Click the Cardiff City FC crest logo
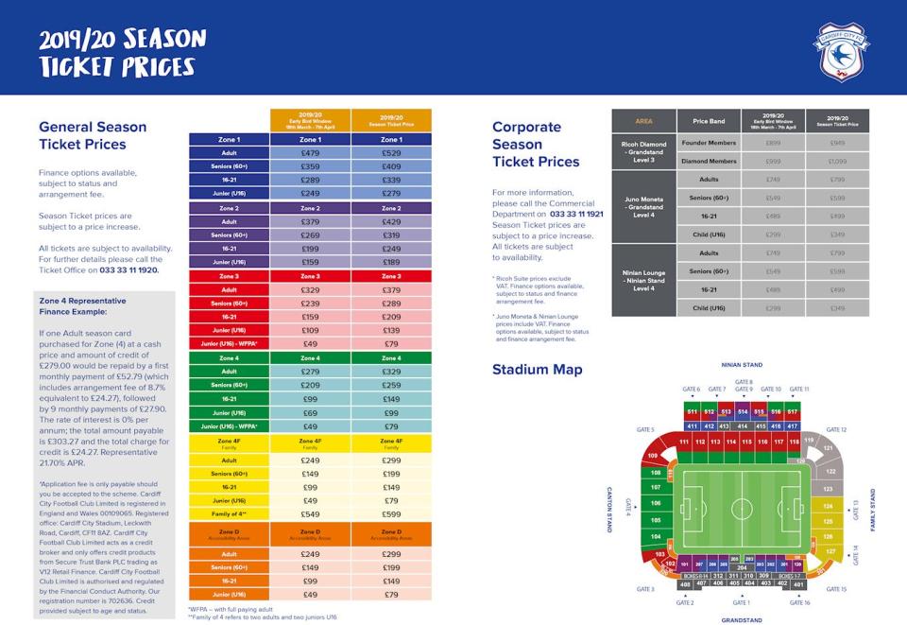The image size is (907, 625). (841, 51)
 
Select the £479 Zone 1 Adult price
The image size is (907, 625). (310, 152)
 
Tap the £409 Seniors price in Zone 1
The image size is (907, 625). (390, 166)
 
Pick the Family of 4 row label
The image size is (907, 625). (229, 513)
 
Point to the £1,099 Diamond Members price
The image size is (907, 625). (837, 161)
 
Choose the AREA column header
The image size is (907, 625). (644, 121)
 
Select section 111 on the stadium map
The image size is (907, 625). (682, 442)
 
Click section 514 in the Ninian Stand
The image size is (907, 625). (743, 412)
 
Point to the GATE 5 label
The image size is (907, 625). (645, 429)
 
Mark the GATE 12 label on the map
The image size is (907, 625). (836, 429)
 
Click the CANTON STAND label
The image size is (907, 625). (609, 509)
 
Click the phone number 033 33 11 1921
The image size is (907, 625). (576, 214)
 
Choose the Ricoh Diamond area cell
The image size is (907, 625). (643, 151)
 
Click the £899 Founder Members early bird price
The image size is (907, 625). (772, 142)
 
